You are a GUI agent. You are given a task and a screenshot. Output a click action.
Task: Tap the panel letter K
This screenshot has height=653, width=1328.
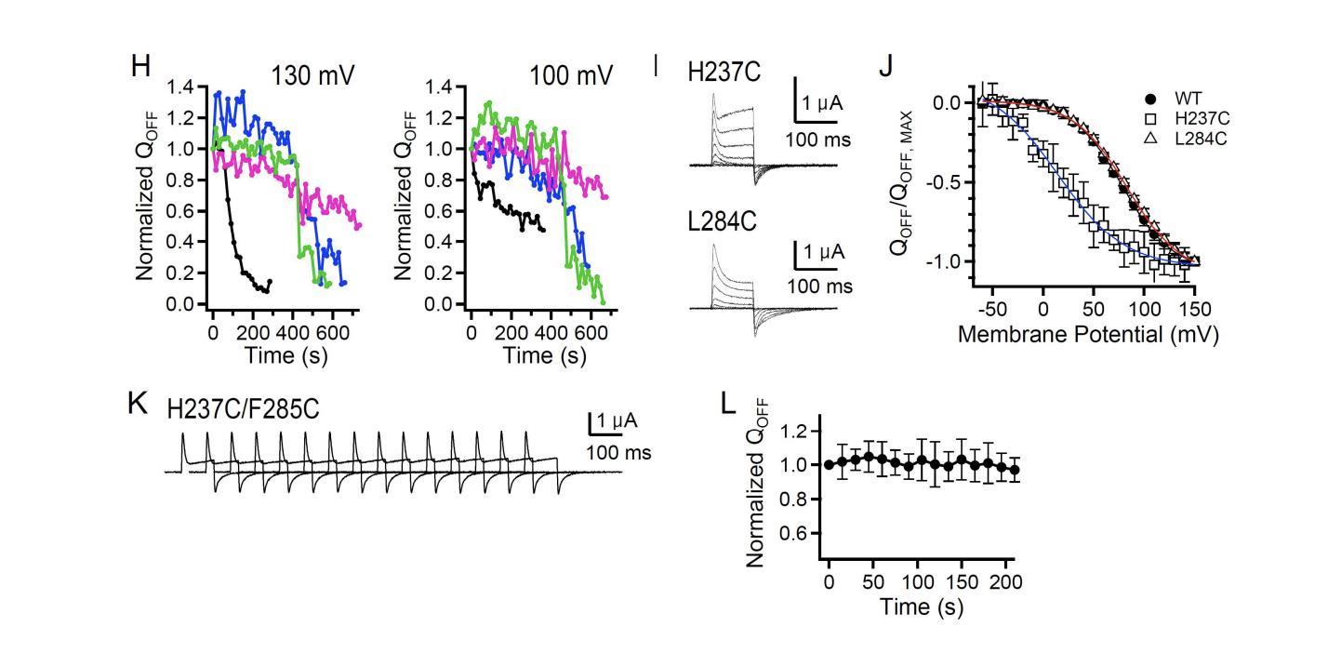click(x=141, y=406)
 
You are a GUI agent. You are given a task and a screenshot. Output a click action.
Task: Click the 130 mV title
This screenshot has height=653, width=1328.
click(x=303, y=75)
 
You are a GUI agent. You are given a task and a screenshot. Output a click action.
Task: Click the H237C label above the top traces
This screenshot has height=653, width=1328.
click(x=724, y=75)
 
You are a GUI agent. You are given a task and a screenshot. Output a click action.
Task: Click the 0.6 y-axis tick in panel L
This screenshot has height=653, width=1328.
click(x=804, y=534)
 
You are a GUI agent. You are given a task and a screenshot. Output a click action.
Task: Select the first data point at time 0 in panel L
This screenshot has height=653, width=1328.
click(x=829, y=465)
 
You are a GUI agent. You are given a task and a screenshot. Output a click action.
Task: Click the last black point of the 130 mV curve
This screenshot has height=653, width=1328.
click(x=271, y=282)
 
